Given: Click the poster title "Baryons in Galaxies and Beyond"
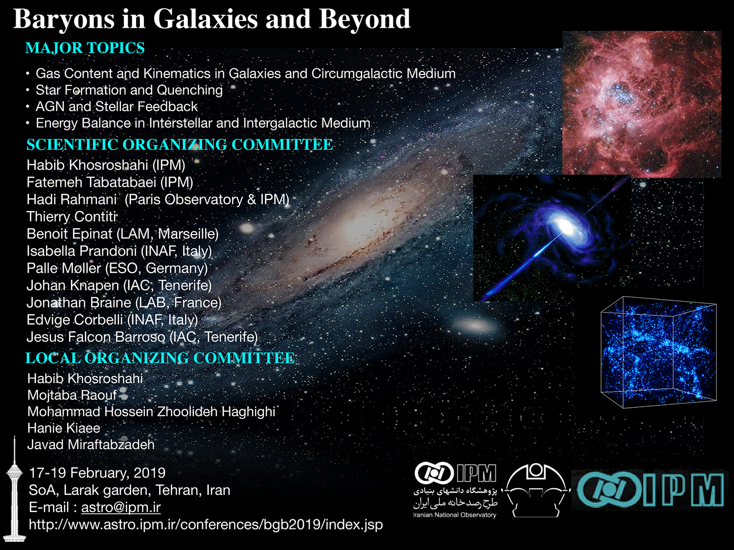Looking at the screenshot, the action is tap(212, 20).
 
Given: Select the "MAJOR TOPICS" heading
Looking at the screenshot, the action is tap(85, 48).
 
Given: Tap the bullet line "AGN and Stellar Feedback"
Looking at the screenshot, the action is tap(116, 107).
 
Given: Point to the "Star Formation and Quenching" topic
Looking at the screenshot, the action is tap(129, 90).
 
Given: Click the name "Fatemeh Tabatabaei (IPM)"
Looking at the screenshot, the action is tap(110, 182).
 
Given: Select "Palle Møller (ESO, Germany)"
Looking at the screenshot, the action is tap(117, 268).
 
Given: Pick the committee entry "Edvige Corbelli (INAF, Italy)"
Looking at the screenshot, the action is tap(113, 320).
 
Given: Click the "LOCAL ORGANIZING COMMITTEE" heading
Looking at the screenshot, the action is tap(160, 358).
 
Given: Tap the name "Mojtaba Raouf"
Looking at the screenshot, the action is tap(72, 396).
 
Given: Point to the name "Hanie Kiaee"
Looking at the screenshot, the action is tap(64, 428).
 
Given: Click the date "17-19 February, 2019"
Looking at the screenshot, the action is tap(97, 473).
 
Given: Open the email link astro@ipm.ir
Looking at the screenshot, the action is tap(121, 507).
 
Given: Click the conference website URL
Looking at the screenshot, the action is tap(206, 525).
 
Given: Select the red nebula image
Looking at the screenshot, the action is tap(642, 104).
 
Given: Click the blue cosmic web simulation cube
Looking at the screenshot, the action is tap(659, 352).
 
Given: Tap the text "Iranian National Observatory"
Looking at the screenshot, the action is tap(455, 515).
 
